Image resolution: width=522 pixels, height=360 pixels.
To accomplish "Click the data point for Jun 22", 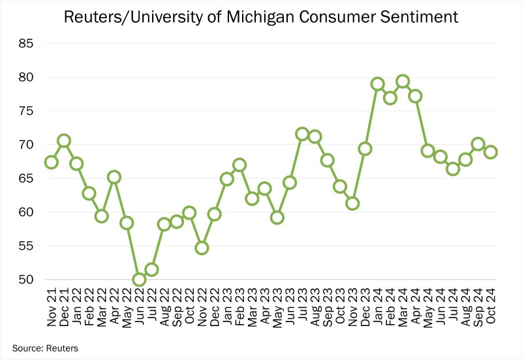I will (139, 280).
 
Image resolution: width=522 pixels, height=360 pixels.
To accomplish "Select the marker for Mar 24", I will (403, 82).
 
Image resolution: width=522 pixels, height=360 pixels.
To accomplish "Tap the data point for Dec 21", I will (64, 141).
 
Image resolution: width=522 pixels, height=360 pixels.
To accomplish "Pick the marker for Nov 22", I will (202, 248).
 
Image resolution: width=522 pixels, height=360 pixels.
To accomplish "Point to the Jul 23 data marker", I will (302, 134).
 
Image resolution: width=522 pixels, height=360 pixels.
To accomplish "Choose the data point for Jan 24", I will (377, 84).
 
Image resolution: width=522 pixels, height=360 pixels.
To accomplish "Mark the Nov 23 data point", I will (352, 203).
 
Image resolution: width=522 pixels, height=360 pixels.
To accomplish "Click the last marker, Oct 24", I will (491, 152).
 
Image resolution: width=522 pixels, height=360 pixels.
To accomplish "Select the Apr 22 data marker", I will (114, 177).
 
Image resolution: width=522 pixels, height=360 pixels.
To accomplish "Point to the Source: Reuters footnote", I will (45, 348).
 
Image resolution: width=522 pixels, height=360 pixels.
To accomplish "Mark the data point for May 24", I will (428, 151).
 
